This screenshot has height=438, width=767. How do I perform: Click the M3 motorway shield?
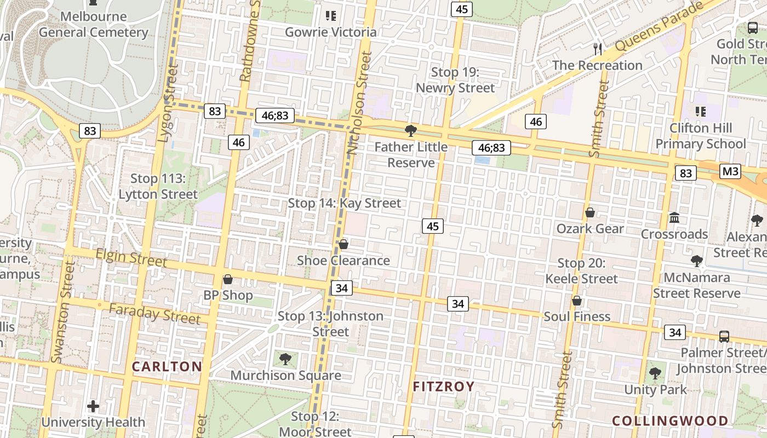click(730, 171)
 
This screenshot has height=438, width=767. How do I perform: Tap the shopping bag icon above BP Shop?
click(227, 279)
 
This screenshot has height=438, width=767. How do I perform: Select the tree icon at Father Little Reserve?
click(410, 130)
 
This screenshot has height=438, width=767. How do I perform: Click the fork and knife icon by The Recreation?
click(598, 49)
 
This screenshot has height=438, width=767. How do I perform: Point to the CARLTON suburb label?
click(167, 366)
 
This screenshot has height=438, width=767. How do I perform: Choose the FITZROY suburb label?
click(443, 387)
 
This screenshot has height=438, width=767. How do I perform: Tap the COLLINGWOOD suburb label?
click(670, 420)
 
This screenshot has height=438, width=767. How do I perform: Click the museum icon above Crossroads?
click(674, 218)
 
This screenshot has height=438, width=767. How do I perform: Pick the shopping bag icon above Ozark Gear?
click(590, 212)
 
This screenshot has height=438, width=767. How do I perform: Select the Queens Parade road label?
click(659, 27)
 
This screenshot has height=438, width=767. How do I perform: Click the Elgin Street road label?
click(131, 258)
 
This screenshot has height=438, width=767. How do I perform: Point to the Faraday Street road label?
click(154, 314)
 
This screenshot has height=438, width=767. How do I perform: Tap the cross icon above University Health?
click(93, 406)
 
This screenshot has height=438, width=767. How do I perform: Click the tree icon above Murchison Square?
click(285, 359)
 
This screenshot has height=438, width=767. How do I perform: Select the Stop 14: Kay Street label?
click(345, 203)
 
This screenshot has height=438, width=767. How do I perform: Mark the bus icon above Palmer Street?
click(724, 336)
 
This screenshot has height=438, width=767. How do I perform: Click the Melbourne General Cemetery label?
click(93, 24)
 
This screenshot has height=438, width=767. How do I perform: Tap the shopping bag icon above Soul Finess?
click(576, 301)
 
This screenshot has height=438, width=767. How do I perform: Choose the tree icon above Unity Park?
click(655, 374)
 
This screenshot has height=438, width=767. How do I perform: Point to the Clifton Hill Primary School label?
click(701, 136)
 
